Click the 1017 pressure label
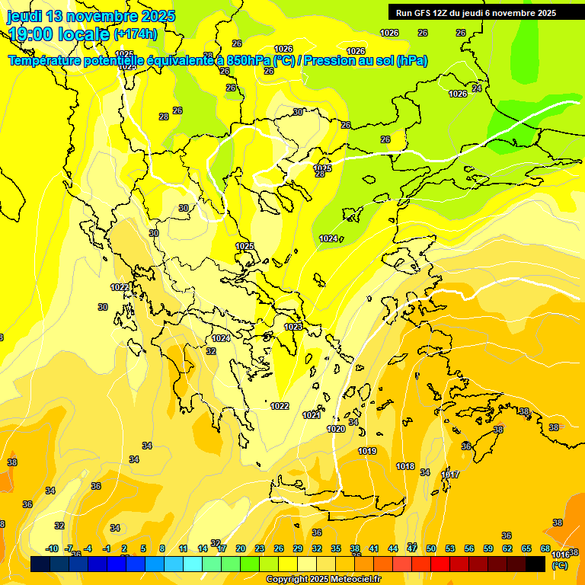450,475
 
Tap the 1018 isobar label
405,466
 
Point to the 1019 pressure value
367,451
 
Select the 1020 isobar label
336,429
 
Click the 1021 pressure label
312,415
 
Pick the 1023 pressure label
293,327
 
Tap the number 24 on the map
477,88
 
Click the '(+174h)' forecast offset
135,34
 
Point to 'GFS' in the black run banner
424,13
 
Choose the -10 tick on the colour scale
52,548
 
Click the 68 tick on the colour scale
545,548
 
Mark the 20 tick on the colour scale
241,548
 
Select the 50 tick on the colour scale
431,548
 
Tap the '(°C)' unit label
560,565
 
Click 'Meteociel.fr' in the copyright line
353,580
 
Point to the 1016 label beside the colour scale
560,555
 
